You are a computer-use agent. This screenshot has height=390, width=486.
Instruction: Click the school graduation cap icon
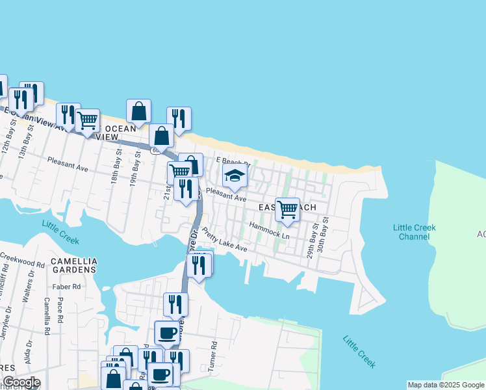click(235, 175)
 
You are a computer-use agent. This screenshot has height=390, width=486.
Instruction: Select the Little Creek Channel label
click(414, 232)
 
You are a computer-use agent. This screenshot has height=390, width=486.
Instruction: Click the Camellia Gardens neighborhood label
click(74, 264)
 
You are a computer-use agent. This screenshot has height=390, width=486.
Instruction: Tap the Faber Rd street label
click(68, 286)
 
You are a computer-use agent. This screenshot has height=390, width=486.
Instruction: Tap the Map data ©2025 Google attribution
click(445, 385)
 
